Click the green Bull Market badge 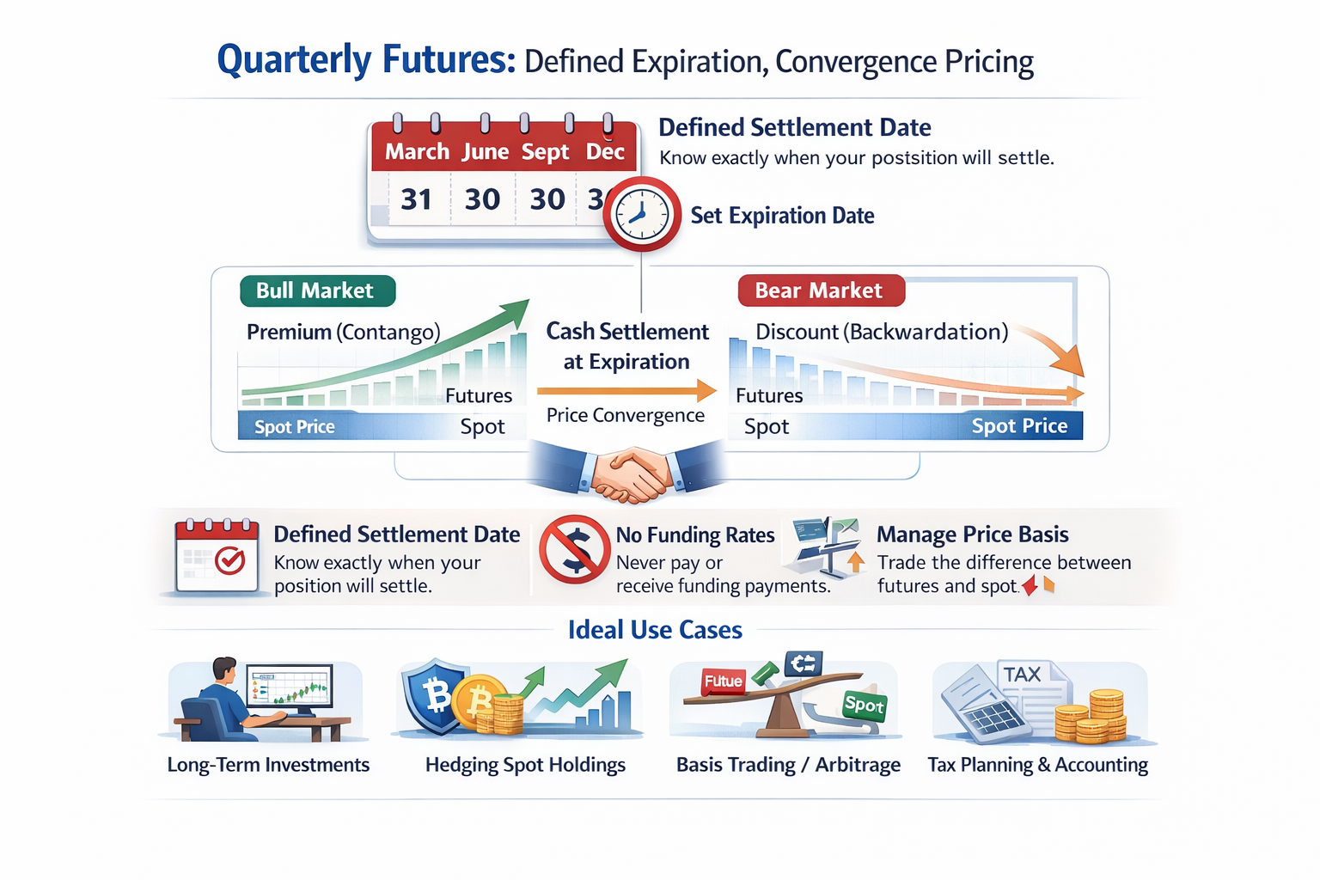tap(318, 290)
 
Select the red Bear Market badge tap(821, 290)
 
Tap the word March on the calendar tap(417, 151)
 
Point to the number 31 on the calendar tap(416, 199)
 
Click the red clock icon tap(642, 214)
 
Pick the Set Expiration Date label tap(782, 215)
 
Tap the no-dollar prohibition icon tap(575, 549)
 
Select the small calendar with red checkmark tap(217, 556)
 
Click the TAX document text tap(1023, 674)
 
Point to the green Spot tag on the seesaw tap(864, 704)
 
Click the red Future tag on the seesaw tap(723, 681)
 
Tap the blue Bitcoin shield tap(436, 695)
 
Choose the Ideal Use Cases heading tap(655, 630)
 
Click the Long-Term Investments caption tap(268, 765)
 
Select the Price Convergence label tap(626, 416)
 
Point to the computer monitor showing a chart tap(290, 687)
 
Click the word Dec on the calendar tap(605, 151)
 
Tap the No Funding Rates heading tap(695, 535)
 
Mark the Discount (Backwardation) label tap(882, 332)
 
